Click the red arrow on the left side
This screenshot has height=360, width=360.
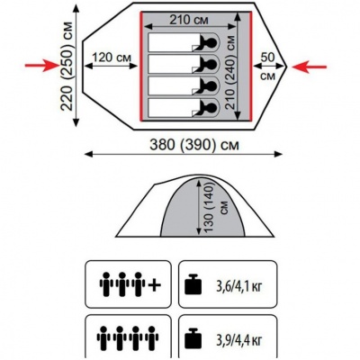[42, 66]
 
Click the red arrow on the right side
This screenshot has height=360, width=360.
[309, 67]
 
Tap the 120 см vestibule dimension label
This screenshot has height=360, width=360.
[112, 57]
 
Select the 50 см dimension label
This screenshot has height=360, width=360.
[267, 67]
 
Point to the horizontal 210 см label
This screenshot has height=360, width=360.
[189, 20]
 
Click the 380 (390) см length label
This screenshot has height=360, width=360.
[194, 145]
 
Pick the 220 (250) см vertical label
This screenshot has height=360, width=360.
[67, 67]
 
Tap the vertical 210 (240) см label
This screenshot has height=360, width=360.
[230, 72]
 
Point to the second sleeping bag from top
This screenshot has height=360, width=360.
[184, 64]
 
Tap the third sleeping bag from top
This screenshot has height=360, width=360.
[184, 85]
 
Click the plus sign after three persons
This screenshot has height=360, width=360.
[155, 285]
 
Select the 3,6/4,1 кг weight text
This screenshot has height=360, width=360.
[239, 286]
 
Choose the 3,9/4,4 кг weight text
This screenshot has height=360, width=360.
[239, 340]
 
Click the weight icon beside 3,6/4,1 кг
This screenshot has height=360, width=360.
[193, 283]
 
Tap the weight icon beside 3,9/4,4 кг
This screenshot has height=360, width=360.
[193, 338]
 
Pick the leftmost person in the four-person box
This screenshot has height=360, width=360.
[103, 337]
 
